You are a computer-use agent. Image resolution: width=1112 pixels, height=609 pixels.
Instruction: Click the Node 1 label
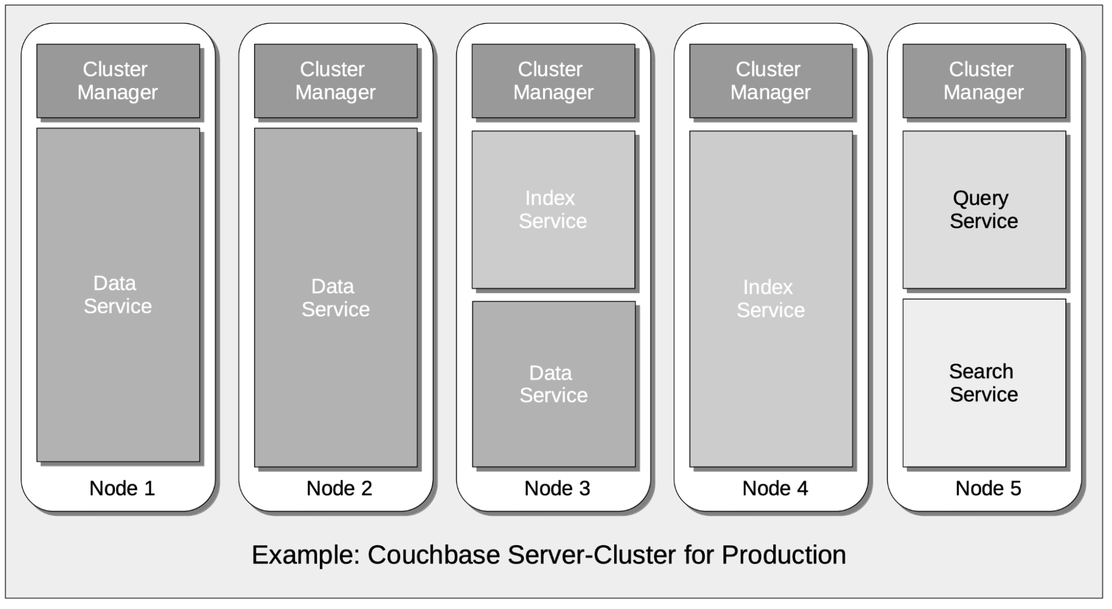[x=122, y=488]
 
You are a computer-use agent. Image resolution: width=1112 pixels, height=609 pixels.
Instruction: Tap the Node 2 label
[x=339, y=488]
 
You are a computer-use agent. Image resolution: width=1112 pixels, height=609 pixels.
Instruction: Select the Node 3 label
[x=557, y=488]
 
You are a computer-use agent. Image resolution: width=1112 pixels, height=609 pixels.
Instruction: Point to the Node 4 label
[x=775, y=488]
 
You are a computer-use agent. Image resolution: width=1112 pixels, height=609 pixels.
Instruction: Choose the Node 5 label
[x=988, y=488]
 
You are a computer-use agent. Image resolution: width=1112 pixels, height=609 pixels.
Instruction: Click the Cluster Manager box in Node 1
[x=118, y=81]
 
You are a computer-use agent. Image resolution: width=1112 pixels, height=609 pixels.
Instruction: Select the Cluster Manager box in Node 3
[x=553, y=81]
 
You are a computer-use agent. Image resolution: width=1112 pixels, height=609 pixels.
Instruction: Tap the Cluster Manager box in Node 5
[x=983, y=81]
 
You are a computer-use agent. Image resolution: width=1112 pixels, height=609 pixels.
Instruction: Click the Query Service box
[x=983, y=210]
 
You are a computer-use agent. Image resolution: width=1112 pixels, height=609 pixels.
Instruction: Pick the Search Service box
[x=983, y=383]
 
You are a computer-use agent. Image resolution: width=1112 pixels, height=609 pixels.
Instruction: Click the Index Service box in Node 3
[x=553, y=210]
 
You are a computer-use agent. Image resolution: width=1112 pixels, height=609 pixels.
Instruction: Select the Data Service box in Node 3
[x=553, y=384]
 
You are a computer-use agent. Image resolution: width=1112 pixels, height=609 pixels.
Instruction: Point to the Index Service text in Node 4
[x=770, y=299]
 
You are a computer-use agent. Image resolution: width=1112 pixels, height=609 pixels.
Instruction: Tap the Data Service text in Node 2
[x=335, y=298]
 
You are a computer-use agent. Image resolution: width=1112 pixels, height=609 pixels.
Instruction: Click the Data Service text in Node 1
[x=117, y=295]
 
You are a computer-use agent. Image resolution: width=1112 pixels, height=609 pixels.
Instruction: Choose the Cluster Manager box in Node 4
[x=770, y=81]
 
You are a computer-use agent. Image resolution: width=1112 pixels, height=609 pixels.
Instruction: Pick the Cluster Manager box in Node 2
[x=335, y=81]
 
